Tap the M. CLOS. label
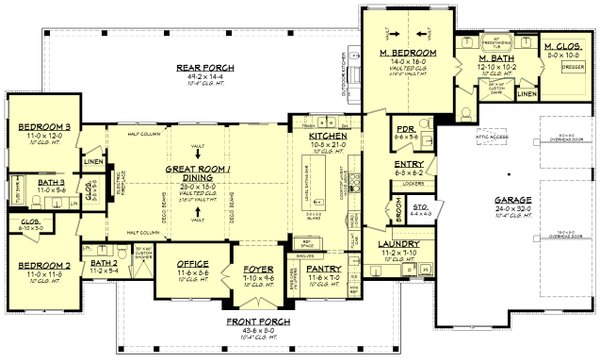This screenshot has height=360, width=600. point(560,48)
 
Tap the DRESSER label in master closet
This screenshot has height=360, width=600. point(559,66)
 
